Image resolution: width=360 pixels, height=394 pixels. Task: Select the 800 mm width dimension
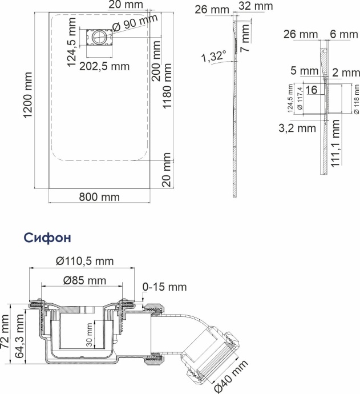(x=100, y=197)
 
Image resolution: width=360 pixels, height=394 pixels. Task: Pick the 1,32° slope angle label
(x=213, y=57)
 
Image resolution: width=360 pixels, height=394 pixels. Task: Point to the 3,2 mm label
(x=297, y=128)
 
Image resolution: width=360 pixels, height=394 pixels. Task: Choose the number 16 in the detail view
(x=311, y=90)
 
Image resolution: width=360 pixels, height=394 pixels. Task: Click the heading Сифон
(x=46, y=237)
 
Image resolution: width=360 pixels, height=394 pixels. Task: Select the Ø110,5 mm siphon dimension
(x=85, y=261)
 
